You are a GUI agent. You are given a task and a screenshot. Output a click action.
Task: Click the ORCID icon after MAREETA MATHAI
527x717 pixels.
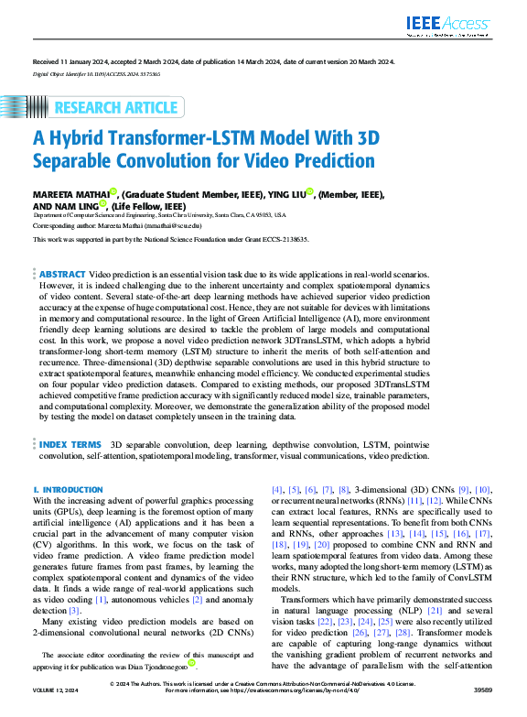113,192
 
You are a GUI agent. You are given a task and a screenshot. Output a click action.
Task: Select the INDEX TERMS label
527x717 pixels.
70,443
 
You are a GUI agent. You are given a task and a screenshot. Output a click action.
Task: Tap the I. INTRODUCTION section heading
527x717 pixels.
68,491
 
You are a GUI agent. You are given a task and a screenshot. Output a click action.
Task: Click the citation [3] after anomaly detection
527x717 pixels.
75,609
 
